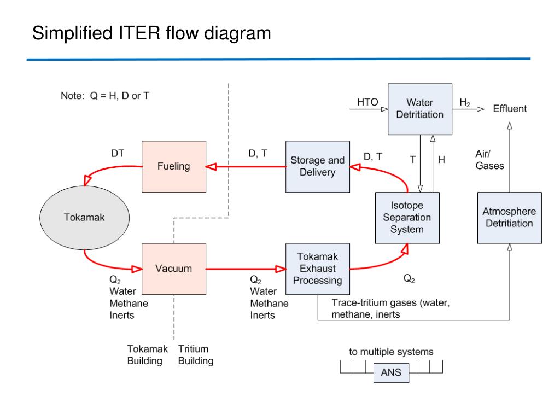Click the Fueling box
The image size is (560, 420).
click(x=173, y=166)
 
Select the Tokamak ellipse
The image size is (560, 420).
click(x=84, y=218)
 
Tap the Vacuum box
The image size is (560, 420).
click(x=173, y=269)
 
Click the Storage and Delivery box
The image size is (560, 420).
click(x=318, y=166)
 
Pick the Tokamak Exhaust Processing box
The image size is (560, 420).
click(x=318, y=269)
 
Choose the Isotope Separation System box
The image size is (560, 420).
click(x=407, y=218)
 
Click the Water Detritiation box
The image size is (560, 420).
click(x=420, y=109)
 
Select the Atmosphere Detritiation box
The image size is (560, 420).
click(x=510, y=218)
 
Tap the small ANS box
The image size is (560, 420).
click(x=391, y=373)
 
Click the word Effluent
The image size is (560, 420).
click(x=510, y=109)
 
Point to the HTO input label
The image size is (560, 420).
click(x=367, y=102)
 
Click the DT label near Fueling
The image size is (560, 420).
click(x=118, y=153)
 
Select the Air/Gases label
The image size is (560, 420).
click(x=489, y=160)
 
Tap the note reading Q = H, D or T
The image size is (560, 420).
click(x=120, y=96)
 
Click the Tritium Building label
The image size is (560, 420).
click(x=196, y=354)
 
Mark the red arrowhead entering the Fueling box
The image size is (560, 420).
click(x=211, y=166)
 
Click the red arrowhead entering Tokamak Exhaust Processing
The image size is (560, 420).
click(x=281, y=269)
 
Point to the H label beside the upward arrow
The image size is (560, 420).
click(x=441, y=160)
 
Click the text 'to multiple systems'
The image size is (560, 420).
click(x=391, y=352)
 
